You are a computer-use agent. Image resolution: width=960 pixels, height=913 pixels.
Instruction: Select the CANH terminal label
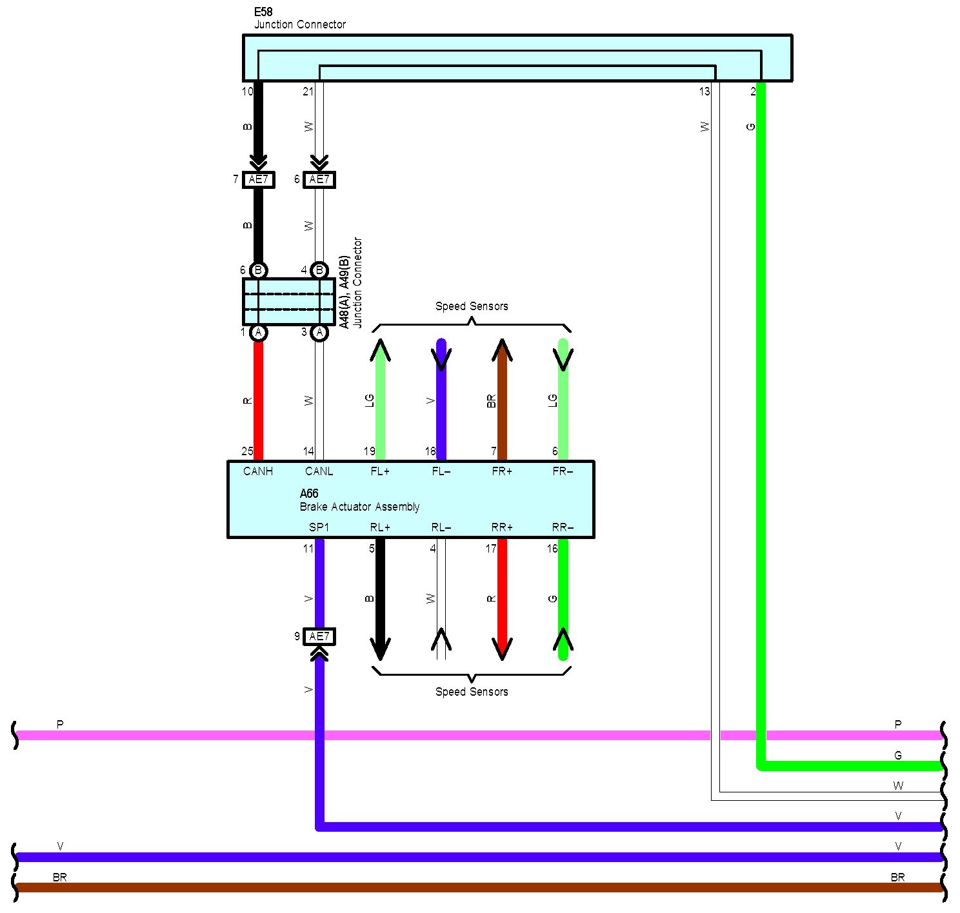coord(258,471)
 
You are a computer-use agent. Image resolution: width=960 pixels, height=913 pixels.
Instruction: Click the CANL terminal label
coord(319,471)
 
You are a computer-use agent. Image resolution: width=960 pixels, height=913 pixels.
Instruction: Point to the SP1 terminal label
coord(319,527)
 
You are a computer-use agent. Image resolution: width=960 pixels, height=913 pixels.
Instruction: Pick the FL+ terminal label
coord(380,471)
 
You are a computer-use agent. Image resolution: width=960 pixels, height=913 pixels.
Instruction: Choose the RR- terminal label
coord(563,527)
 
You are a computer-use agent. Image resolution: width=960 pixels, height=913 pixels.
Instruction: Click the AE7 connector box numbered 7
coord(258,179)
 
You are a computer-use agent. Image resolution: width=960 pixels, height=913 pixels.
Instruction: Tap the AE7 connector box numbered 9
coord(319,636)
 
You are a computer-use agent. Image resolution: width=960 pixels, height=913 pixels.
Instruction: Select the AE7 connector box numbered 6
coord(319,179)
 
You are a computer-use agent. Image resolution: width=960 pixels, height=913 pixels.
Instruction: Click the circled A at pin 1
coord(258,333)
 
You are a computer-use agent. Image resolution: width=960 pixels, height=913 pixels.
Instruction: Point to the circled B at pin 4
coord(319,270)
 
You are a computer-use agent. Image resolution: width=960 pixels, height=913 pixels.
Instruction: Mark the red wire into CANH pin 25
coord(258,400)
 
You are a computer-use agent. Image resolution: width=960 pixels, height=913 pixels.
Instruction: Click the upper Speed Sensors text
coord(472,306)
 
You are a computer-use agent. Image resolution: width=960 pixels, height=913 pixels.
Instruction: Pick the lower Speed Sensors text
coord(472,692)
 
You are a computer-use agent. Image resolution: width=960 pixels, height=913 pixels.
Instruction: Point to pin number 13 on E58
coord(705,92)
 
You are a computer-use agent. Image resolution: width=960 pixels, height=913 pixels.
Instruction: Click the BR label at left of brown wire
coord(59,877)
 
